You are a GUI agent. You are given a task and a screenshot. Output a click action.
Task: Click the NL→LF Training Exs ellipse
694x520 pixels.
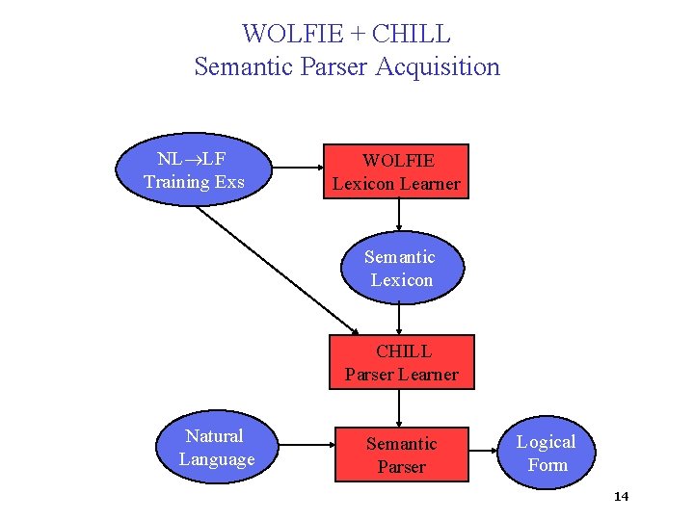point(194,169)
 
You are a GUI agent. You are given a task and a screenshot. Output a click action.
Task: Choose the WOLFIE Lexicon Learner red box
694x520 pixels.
point(396,171)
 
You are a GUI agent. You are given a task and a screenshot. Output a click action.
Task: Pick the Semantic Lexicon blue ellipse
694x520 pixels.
point(400,269)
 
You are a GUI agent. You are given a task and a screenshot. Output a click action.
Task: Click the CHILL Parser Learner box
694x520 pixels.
point(402,362)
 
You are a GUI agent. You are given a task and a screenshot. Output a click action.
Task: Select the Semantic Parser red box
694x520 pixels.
point(401,455)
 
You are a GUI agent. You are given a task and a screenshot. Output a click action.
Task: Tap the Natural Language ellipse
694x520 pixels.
point(216,448)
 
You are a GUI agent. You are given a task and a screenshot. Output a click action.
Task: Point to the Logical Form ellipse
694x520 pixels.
point(547,453)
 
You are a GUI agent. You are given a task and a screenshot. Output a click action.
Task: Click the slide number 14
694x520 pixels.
point(621,497)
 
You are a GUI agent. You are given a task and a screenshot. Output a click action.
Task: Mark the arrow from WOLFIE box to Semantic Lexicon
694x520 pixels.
point(399,217)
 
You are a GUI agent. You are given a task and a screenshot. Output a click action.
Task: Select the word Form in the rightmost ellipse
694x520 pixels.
point(547,465)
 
